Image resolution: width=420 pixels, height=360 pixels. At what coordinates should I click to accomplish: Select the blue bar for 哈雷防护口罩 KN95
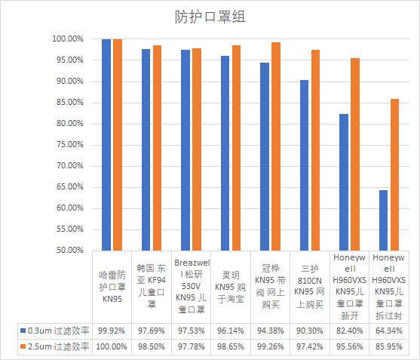106,144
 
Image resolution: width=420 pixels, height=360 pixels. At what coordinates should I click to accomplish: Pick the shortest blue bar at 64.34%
383,220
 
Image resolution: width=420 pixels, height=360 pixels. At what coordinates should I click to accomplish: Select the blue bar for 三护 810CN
304,165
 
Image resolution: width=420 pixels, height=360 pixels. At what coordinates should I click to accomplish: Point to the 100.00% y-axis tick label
68,39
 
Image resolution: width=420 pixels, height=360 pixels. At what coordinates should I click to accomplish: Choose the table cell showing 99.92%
112,330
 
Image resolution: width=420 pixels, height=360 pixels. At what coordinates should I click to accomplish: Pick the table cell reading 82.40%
353,330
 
